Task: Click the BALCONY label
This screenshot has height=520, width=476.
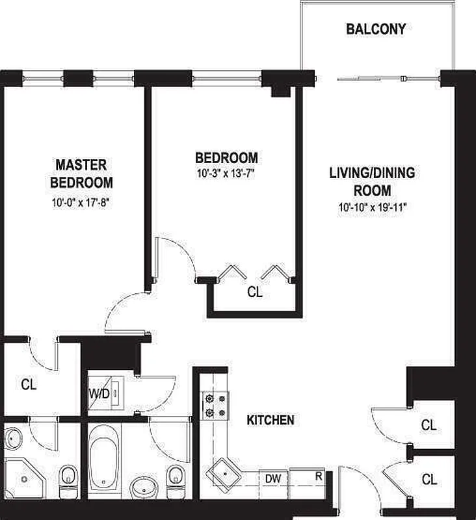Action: tap(376, 29)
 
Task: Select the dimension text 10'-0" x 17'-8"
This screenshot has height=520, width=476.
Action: tap(82, 203)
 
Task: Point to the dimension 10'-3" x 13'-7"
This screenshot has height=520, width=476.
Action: tap(226, 174)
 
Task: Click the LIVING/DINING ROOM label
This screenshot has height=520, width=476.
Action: tap(372, 182)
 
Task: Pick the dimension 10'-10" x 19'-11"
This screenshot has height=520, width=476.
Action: tap(372, 208)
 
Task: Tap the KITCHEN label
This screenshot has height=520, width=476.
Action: tap(270, 421)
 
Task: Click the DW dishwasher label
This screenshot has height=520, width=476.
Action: tap(272, 479)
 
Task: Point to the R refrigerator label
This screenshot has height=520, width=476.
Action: tap(319, 476)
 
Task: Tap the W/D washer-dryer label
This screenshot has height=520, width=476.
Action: tap(99, 394)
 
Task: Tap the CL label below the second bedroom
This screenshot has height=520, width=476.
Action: tap(255, 293)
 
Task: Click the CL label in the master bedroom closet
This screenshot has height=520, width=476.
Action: tap(29, 384)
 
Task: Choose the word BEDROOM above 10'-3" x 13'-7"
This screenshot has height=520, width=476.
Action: tap(226, 158)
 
